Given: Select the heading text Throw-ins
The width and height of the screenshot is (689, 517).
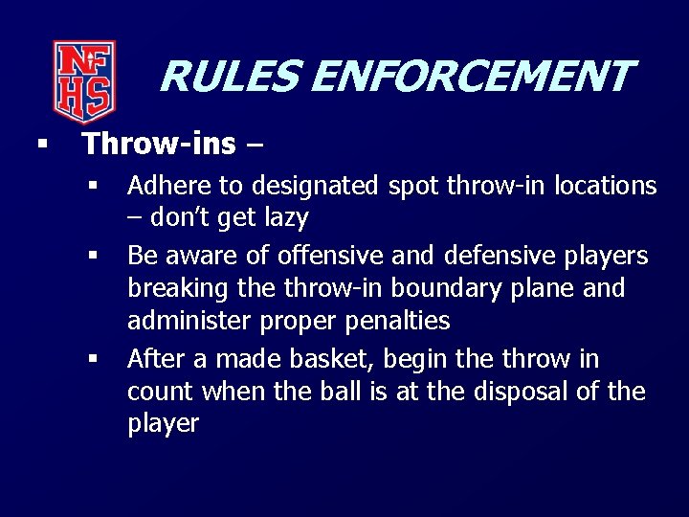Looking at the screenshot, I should pos(159,145).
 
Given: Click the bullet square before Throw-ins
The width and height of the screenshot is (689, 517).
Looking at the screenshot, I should pos(41,145).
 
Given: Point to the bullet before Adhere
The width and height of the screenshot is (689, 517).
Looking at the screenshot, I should pos(94,184).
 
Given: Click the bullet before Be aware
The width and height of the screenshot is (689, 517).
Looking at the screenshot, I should pos(94,256).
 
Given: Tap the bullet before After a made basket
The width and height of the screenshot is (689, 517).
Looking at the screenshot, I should pos(94,359).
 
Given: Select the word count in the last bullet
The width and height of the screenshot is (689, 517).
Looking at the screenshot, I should pos(159,392).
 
